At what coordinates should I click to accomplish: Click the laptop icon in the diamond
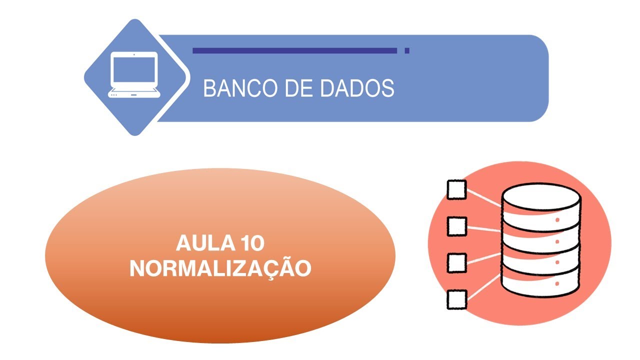[134, 75]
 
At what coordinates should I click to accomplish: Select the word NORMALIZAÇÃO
[220, 268]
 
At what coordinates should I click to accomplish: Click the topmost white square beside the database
[456, 189]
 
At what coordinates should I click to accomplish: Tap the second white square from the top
[456, 226]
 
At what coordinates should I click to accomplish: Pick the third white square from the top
[456, 262]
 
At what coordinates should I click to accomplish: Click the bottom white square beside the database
[456, 299]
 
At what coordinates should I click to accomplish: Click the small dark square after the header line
[407, 50]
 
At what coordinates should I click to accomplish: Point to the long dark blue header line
[294, 50]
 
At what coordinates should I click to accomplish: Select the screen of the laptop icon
[134, 70]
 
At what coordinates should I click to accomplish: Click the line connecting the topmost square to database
[483, 198]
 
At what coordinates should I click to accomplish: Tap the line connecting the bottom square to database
[483, 287]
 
